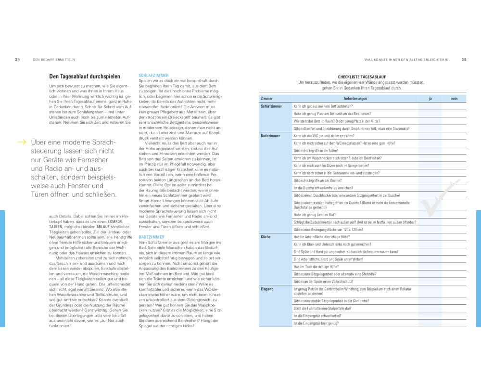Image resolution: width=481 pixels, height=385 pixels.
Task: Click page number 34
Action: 17,60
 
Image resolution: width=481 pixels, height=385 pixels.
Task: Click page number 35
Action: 464,60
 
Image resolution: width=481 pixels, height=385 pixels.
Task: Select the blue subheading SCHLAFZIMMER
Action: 153,76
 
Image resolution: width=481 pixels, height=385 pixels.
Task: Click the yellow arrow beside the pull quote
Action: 22,142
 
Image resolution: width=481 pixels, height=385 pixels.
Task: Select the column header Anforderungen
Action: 355,98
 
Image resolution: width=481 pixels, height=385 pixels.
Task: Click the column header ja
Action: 430,98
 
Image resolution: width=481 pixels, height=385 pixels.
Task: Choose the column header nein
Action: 454,98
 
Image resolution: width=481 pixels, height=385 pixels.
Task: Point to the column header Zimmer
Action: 267,98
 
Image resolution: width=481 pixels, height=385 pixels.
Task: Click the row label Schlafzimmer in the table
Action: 271,106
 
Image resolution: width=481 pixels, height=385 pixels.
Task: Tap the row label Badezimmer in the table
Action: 270,136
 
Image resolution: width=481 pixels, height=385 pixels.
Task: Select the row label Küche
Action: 266,237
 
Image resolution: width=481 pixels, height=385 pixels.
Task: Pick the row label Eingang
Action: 267,289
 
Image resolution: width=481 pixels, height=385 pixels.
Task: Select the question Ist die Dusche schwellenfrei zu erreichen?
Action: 323,188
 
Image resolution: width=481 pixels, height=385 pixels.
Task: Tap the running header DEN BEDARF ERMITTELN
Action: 53,60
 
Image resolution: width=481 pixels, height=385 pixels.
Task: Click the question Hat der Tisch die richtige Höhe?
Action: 316,266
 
